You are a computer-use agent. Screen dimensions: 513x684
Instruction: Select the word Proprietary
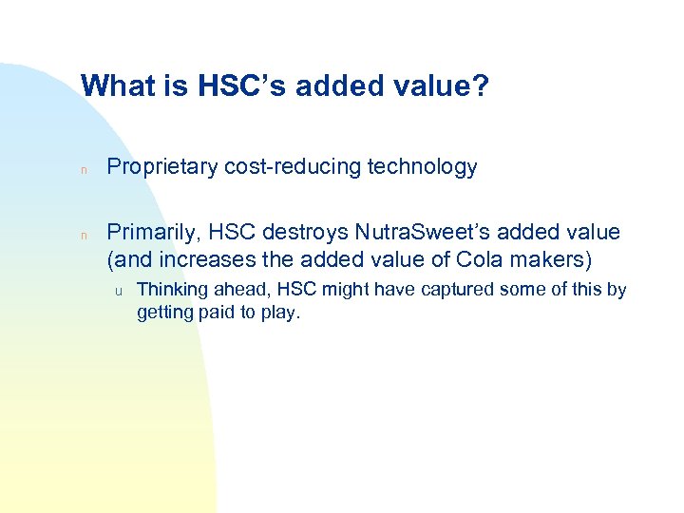[x=162, y=167]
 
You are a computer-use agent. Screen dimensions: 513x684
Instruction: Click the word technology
[x=421, y=167]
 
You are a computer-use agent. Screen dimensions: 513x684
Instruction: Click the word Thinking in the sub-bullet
[x=172, y=290]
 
